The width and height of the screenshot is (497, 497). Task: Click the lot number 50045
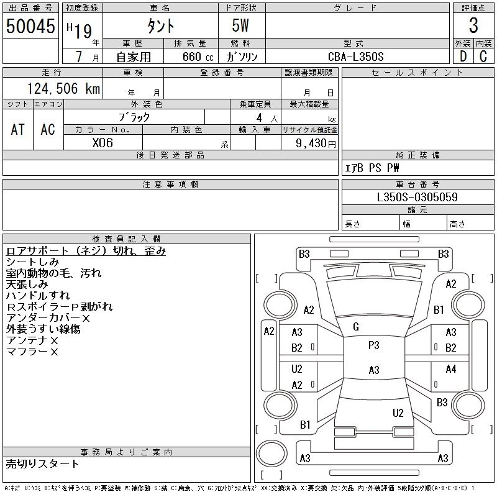(x=30, y=27)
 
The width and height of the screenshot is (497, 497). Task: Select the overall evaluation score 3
(x=473, y=27)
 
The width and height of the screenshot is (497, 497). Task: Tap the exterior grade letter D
(x=463, y=56)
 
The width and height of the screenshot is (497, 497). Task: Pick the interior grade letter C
(x=483, y=56)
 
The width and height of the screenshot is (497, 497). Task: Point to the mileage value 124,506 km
(x=63, y=89)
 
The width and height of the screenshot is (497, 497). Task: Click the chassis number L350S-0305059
(x=417, y=198)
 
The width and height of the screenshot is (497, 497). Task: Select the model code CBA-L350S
(x=356, y=57)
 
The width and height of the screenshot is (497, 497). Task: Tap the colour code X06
(x=103, y=142)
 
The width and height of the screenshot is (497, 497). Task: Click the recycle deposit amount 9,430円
(x=309, y=143)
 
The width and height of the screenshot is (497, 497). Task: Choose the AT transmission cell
(x=18, y=129)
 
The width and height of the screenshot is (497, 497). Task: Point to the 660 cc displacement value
(x=190, y=57)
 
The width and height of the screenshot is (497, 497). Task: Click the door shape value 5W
(x=242, y=27)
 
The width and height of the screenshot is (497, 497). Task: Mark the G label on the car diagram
(x=356, y=327)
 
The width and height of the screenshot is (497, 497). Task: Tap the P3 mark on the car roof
(x=373, y=345)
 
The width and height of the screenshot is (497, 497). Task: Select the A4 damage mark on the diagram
(x=451, y=369)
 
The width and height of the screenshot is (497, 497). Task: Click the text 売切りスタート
(x=43, y=463)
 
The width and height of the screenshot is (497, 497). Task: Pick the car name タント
(x=160, y=27)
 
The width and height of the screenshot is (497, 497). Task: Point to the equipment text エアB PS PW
(x=372, y=168)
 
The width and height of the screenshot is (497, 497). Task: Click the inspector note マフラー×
(x=32, y=352)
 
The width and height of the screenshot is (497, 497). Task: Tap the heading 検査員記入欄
(x=127, y=239)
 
